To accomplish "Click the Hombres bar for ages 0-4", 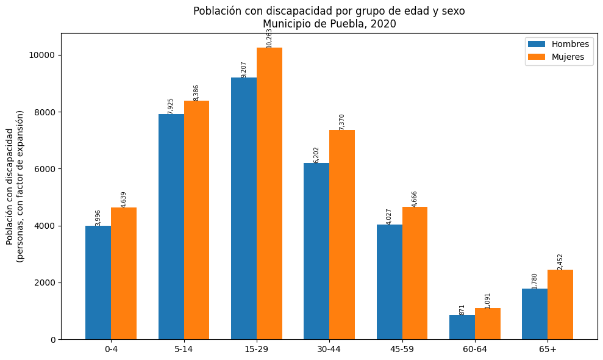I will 98,283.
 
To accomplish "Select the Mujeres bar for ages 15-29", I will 269,193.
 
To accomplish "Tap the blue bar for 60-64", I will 462,327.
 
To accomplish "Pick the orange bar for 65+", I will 560,304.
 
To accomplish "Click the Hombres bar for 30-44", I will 316,251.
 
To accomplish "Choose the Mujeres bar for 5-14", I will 196,220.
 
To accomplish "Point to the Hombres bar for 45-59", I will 390,282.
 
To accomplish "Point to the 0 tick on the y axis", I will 52,340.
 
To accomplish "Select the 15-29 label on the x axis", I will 257,350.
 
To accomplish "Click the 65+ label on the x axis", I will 548,350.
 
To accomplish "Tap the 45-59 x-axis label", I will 402,350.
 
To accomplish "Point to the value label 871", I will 462,309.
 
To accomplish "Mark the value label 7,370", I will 342,121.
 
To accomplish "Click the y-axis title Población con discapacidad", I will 10,186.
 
